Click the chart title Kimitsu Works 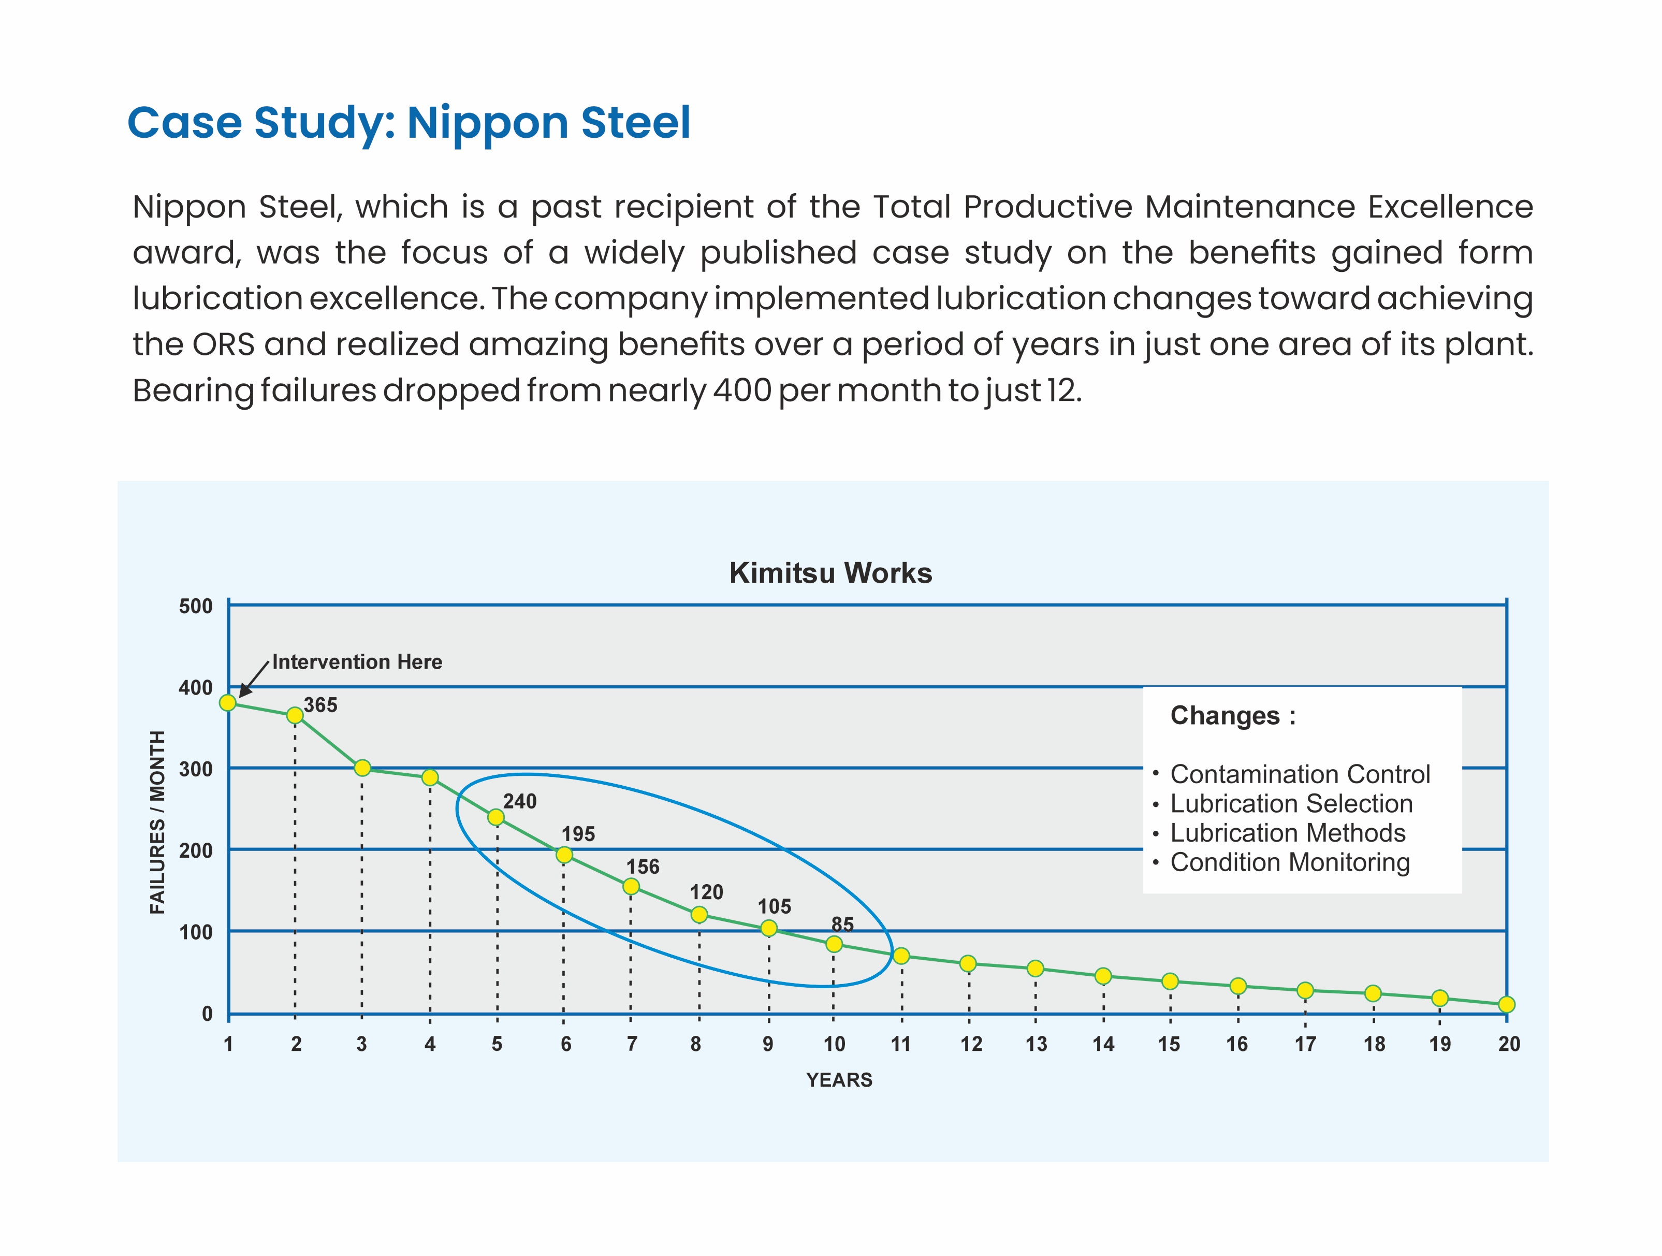tap(830, 573)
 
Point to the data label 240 tap(520, 801)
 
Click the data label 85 tap(842, 924)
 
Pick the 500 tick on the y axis tap(195, 607)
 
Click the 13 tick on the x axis tap(1036, 1044)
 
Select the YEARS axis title tap(839, 1080)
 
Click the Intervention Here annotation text tap(357, 662)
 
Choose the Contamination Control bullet tap(1300, 774)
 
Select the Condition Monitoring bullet tap(1289, 862)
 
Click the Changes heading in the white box tap(1232, 716)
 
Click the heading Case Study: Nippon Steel tap(409, 123)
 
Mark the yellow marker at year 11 tap(901, 956)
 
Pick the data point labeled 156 tap(631, 887)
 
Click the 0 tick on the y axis tap(207, 1014)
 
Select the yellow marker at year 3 tap(362, 768)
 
